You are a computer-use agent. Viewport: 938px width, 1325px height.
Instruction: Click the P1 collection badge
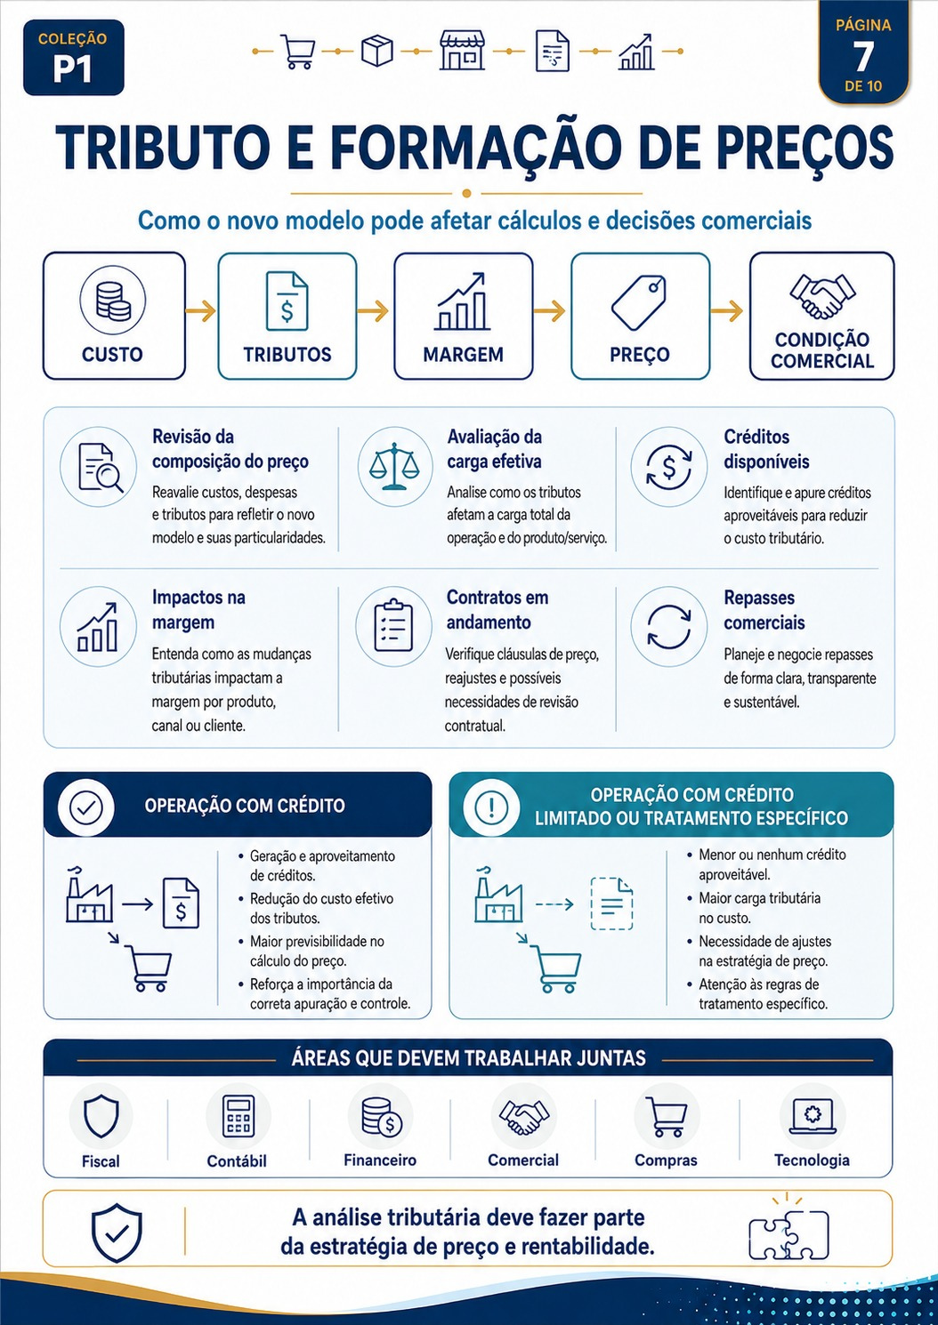point(73,58)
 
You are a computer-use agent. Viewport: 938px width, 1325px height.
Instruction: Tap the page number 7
point(863,57)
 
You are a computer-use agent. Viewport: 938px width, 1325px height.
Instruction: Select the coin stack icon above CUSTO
point(113,301)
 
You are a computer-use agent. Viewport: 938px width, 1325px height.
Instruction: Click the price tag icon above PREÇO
point(639,301)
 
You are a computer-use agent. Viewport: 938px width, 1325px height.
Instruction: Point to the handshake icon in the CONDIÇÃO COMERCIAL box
point(822,296)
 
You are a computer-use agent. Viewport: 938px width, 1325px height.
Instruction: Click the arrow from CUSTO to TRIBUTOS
point(200,310)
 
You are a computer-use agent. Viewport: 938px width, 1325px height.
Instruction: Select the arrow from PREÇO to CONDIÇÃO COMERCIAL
point(726,310)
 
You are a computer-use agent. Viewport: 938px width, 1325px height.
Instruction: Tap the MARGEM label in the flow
point(463,354)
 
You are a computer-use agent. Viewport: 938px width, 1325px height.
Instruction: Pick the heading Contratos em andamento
point(497,610)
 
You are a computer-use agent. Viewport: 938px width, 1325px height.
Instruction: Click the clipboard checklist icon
point(393,625)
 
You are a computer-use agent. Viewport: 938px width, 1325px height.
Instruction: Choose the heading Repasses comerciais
point(764,610)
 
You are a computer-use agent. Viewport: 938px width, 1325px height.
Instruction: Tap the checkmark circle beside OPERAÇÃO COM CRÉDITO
point(86,807)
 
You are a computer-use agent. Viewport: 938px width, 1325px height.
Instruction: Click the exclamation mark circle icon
point(491,807)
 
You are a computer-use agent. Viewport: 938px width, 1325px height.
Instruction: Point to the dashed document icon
point(612,903)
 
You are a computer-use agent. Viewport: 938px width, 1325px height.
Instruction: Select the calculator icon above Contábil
point(238,1116)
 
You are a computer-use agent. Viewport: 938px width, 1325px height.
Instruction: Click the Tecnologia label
point(812,1160)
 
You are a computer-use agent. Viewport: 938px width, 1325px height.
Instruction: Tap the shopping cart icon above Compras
point(667,1117)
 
